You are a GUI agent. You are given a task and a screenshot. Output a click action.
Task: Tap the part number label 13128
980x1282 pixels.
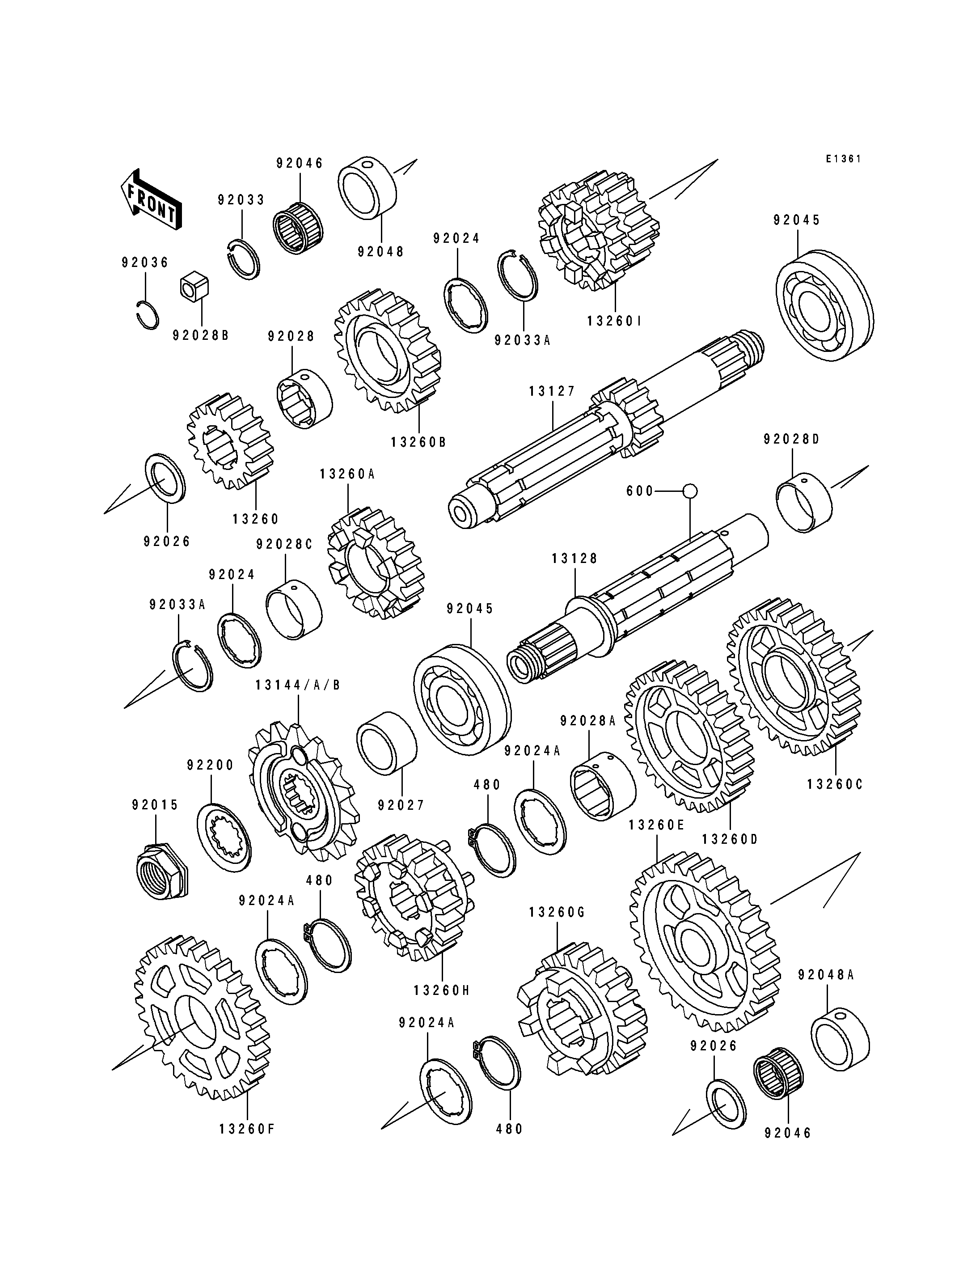pyautogui.click(x=574, y=558)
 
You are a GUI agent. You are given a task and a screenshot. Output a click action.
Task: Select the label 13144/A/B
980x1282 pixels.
pyautogui.click(x=297, y=685)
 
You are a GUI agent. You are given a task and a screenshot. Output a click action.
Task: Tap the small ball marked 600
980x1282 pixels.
pyautogui.click(x=690, y=491)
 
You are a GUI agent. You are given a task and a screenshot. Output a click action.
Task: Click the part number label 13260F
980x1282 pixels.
pyautogui.click(x=247, y=1130)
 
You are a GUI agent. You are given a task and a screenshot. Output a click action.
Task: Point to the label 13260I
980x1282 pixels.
pyautogui.click(x=614, y=321)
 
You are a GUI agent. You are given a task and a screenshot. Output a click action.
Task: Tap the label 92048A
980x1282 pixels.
pyautogui.click(x=826, y=974)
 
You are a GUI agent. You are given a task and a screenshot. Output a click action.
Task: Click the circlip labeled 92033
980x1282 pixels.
pyautogui.click(x=243, y=255)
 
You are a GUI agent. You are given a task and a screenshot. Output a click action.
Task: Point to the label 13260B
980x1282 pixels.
pyautogui.click(x=419, y=442)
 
